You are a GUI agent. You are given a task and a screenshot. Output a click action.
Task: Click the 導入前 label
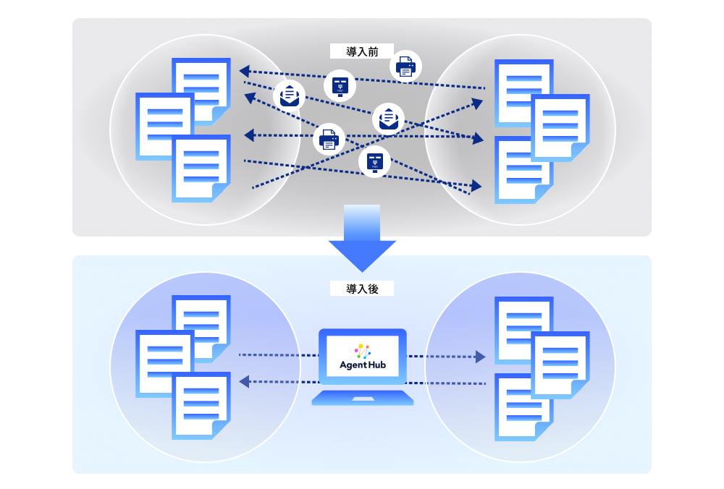point(361,51)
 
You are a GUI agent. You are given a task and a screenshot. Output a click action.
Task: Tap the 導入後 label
point(361,289)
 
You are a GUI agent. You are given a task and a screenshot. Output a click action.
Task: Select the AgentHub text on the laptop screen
point(363,365)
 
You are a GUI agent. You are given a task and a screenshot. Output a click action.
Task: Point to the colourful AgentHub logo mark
point(363,349)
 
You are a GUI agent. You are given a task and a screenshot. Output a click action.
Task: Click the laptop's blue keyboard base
point(363,398)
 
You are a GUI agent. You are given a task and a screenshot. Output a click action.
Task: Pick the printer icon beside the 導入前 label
point(405,67)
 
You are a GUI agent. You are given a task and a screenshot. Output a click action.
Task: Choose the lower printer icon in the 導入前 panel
point(329,138)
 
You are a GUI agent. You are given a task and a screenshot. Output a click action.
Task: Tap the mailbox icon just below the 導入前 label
point(340,85)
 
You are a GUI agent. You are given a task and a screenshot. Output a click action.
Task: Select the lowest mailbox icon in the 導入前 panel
point(374,161)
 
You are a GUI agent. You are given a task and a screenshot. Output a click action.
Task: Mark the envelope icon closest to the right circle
point(388,118)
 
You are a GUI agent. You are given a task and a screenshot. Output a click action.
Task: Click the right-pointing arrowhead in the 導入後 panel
point(479,356)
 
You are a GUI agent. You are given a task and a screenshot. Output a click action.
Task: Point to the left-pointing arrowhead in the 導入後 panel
point(245,381)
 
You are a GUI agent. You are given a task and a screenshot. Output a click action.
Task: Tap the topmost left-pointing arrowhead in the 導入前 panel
point(245,71)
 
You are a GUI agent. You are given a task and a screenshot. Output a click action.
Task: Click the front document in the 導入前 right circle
point(560,127)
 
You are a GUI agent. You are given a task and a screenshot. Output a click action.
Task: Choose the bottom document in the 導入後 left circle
point(201,405)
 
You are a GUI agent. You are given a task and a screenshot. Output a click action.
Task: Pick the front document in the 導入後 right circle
point(560,365)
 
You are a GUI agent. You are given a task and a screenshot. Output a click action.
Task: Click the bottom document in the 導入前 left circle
point(201,168)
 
